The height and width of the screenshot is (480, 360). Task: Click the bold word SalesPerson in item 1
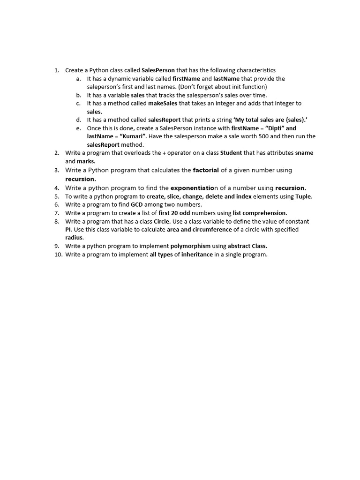click(158, 70)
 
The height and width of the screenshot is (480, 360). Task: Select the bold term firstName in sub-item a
click(187, 79)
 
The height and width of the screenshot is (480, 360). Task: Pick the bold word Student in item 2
click(231, 153)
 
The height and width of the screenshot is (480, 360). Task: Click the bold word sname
click(304, 153)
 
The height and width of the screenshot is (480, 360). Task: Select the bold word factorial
click(206, 170)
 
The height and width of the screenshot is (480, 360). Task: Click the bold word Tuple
click(303, 196)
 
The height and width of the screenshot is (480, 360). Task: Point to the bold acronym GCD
click(137, 204)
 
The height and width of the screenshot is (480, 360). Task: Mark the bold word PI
click(68, 229)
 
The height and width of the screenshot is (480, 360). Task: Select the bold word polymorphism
click(190, 246)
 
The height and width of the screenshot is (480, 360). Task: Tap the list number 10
click(57, 255)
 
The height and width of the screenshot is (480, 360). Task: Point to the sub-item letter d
click(78, 120)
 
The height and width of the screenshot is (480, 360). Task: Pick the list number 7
click(57, 213)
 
